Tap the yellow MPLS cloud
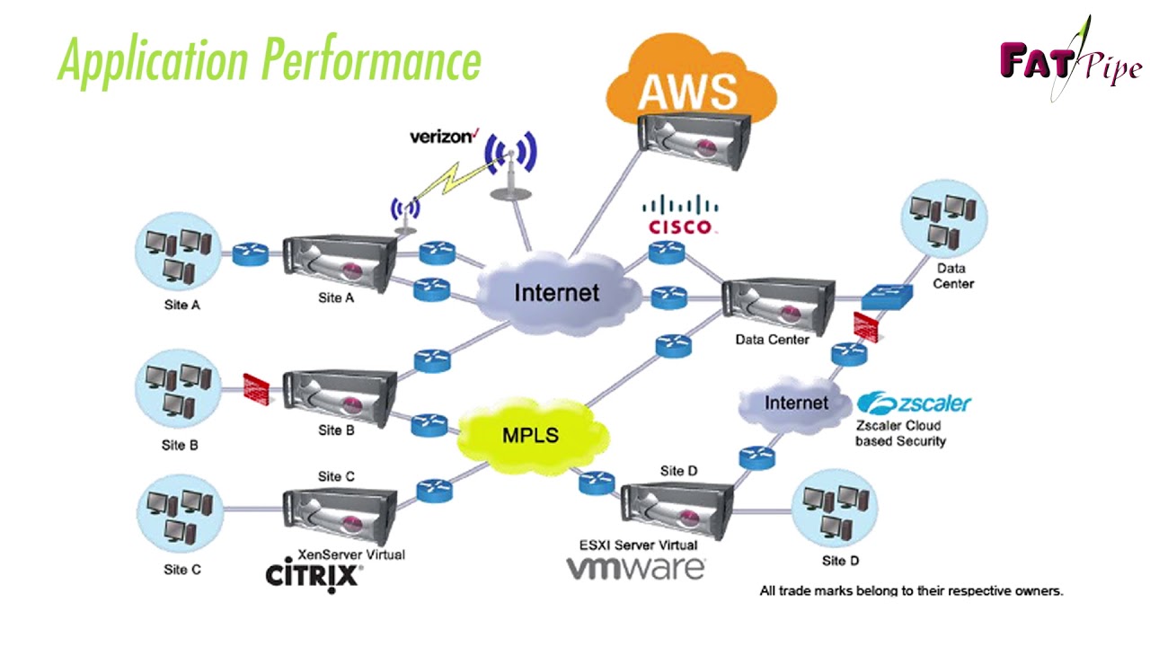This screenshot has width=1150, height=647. [530, 436]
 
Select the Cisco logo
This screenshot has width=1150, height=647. [680, 215]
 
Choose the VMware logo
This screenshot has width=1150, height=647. [635, 568]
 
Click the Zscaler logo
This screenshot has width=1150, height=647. [914, 403]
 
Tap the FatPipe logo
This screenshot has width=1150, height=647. [1069, 61]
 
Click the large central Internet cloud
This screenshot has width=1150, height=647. [556, 292]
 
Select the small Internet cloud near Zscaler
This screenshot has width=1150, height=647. [795, 403]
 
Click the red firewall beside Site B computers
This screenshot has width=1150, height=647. [256, 388]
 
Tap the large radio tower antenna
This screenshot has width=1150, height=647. [510, 166]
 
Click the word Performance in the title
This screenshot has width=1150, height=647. [372, 61]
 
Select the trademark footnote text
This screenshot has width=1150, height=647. [911, 590]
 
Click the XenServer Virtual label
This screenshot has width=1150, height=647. [350, 554]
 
